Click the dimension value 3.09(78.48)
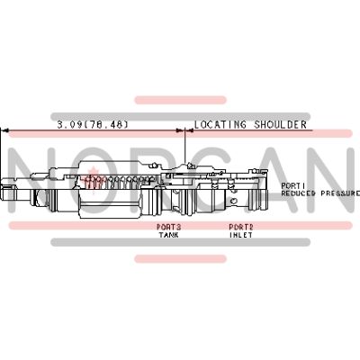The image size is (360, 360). coord(93,124)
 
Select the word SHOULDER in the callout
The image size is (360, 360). coord(281,124)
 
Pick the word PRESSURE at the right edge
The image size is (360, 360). coord(340,193)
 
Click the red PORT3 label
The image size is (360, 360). coord(169,227)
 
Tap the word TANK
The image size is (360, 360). coord(168,235)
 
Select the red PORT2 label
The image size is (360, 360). coord(241,227)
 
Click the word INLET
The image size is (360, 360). coord(241,235)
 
